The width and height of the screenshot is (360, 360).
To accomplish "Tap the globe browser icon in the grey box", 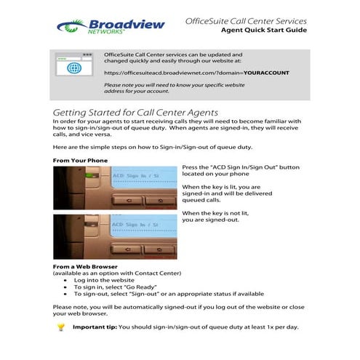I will (x=73, y=69).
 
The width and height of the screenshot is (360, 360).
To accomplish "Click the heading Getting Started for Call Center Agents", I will (x=135, y=113).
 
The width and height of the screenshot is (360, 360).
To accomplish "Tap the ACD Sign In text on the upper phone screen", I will (x=131, y=176).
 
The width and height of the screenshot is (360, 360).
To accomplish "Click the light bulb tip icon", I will (x=61, y=327).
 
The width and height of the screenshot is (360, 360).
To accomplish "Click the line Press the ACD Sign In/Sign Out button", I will (x=240, y=167).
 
